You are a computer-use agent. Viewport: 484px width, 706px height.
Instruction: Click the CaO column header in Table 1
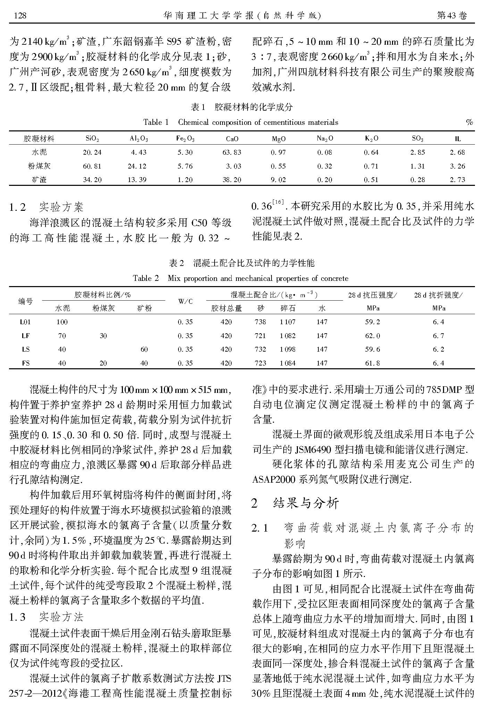click(x=232, y=139)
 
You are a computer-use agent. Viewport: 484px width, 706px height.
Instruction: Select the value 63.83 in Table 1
click(x=232, y=152)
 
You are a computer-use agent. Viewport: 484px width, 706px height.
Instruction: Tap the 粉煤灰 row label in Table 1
click(x=39, y=166)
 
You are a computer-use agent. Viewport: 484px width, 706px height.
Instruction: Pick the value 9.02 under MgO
click(x=278, y=180)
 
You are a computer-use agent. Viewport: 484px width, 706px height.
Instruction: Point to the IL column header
click(x=458, y=139)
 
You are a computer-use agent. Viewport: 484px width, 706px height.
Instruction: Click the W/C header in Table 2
click(x=185, y=302)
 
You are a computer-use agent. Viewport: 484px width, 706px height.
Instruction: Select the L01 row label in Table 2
click(x=25, y=322)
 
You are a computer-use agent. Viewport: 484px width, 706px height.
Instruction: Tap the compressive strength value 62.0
click(x=372, y=336)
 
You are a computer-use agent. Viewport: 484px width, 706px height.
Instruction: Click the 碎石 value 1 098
click(x=287, y=349)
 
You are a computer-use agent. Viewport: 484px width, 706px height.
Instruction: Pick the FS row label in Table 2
click(x=25, y=363)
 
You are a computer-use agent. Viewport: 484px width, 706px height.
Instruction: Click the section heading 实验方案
click(x=61, y=207)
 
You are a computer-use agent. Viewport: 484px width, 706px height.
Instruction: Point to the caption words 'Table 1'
click(x=156, y=122)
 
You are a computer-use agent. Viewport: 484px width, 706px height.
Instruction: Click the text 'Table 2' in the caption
click(x=146, y=278)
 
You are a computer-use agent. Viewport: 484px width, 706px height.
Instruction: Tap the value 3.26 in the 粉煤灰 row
click(x=457, y=166)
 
